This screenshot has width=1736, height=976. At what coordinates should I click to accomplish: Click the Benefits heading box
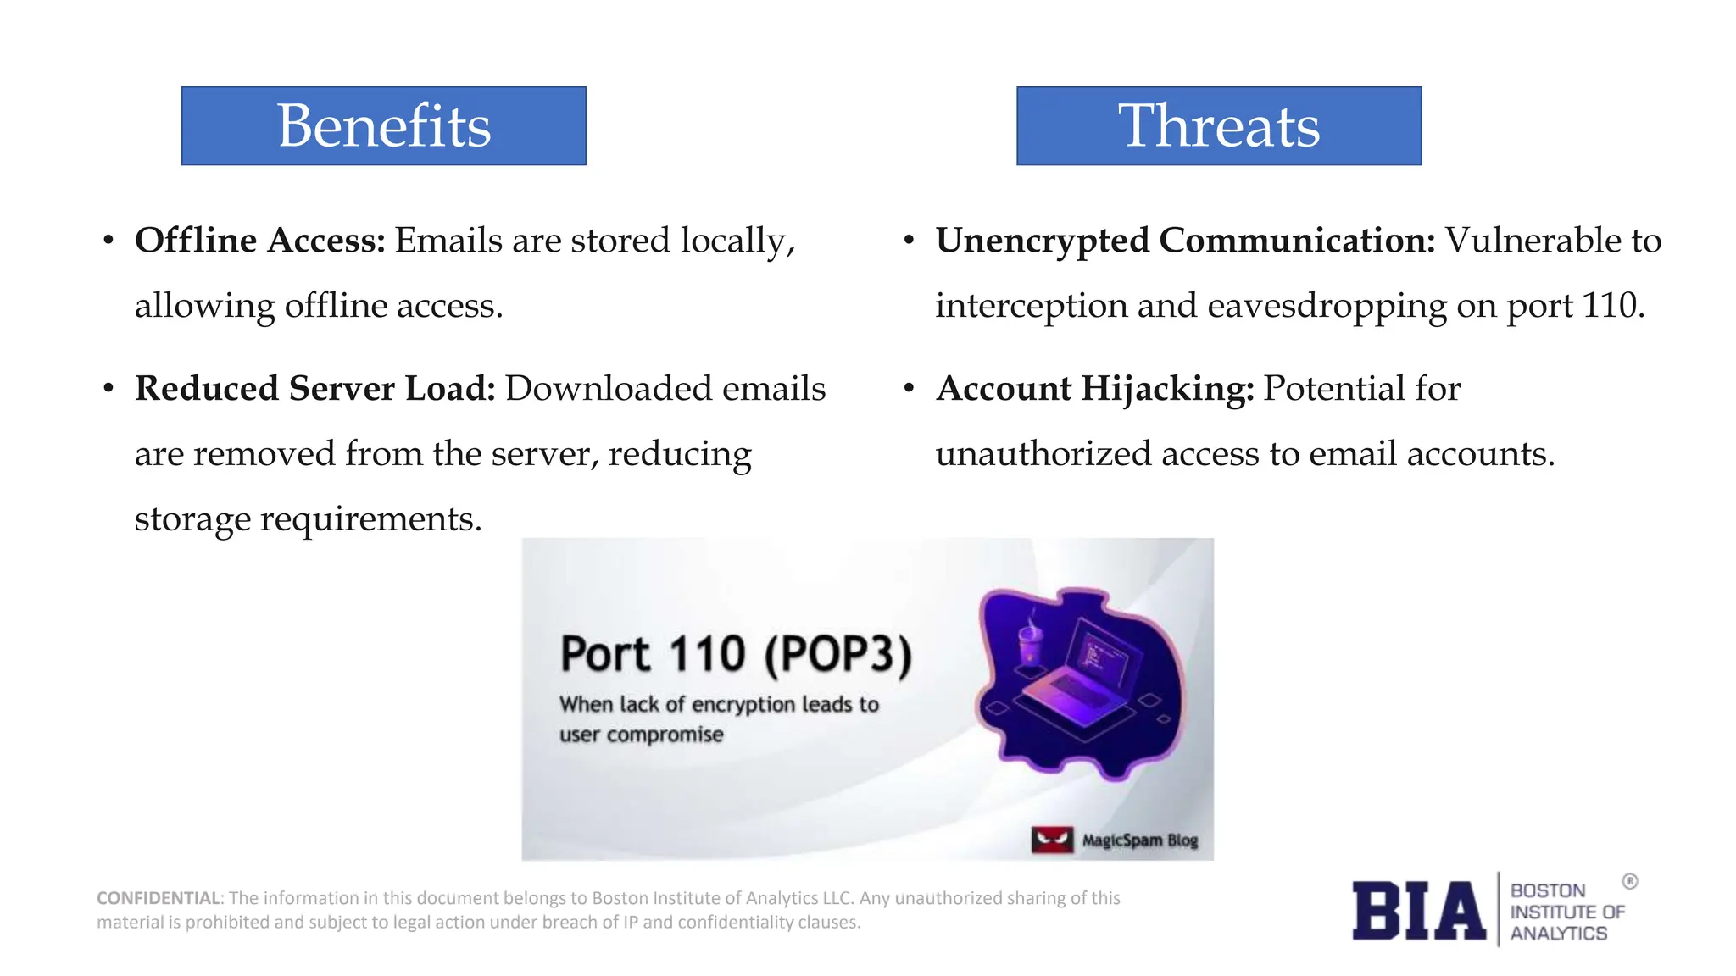[x=383, y=125]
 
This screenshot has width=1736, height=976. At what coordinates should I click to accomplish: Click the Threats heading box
[x=1218, y=125]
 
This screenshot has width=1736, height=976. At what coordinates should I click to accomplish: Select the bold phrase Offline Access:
[x=260, y=241]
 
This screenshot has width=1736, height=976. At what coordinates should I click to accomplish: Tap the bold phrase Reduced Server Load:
[x=314, y=389]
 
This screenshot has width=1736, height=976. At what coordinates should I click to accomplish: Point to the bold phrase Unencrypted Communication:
[x=1185, y=241]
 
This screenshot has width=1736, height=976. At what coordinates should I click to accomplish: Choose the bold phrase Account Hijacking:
[x=1094, y=389]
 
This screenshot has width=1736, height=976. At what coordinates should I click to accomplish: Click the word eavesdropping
[x=1327, y=306]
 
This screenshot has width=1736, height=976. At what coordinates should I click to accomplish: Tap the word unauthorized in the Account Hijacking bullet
[x=1043, y=454]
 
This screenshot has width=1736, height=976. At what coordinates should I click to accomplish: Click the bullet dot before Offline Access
[x=108, y=241]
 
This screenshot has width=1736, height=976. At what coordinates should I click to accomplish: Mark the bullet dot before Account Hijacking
[x=909, y=390]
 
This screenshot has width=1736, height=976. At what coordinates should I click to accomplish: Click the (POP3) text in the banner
[x=837, y=655]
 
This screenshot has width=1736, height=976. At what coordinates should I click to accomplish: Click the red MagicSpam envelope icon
[x=1052, y=840]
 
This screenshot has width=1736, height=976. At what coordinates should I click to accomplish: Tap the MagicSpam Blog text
[x=1140, y=840]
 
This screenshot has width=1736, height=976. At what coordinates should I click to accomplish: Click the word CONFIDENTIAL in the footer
[x=158, y=898]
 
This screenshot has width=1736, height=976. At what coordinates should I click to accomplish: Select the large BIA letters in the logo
[x=1418, y=912]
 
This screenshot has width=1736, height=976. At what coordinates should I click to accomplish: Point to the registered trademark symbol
[x=1630, y=881]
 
